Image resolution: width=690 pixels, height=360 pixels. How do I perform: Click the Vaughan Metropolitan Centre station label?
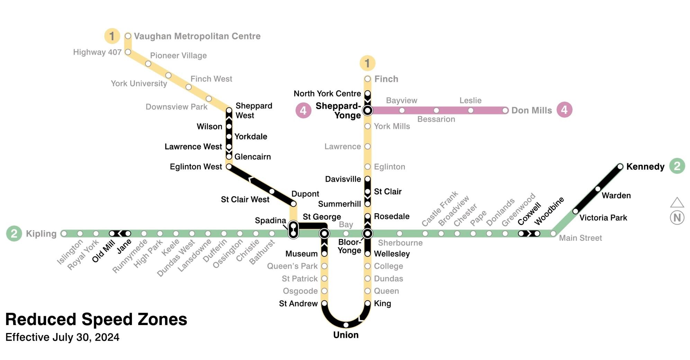197,36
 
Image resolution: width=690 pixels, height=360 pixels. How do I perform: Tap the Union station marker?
346,325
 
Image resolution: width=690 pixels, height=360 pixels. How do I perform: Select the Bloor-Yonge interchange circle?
367,234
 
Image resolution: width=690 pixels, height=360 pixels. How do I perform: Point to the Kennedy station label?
645,167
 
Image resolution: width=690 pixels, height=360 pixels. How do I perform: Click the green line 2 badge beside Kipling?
14,234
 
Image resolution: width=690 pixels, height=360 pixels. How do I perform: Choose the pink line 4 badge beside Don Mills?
564,110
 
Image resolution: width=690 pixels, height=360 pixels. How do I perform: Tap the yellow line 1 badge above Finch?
367,63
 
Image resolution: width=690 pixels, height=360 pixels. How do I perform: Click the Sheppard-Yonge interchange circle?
367,110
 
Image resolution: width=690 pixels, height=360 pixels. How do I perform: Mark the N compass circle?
677,218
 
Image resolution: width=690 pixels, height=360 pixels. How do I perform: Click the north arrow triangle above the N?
677,203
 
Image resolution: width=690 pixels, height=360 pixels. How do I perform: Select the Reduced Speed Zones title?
96,319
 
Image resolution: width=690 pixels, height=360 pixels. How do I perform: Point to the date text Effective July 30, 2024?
62,337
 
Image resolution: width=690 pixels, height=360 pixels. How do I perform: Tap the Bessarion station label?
436,119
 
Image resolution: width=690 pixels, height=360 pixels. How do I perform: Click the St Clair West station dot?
272,191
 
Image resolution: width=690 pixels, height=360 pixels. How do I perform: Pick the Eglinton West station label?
196,167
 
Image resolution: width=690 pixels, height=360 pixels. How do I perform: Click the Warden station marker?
598,189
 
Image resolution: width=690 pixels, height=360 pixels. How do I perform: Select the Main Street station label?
580,238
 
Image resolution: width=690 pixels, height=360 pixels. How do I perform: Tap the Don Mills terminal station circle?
505,110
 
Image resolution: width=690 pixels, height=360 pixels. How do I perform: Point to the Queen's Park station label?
292,266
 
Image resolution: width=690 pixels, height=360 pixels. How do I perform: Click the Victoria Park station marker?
575,211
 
